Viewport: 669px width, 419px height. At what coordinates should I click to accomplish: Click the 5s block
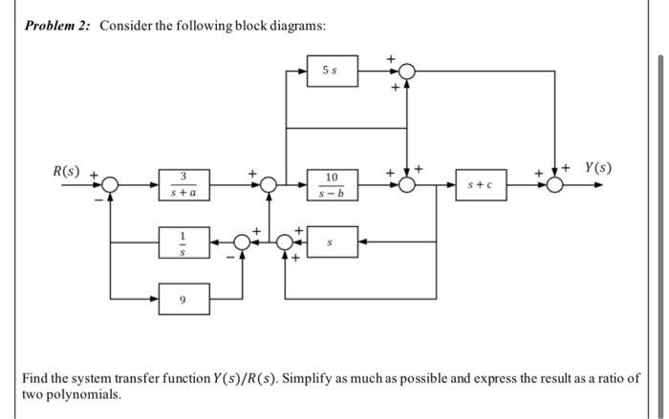tap(332, 72)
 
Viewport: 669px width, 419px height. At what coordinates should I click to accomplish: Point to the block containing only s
tap(332, 242)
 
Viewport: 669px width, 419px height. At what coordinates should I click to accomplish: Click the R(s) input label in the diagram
tap(67, 172)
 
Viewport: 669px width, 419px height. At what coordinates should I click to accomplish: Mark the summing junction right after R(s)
tap(111, 185)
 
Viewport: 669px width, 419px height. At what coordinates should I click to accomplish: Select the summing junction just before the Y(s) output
tap(555, 185)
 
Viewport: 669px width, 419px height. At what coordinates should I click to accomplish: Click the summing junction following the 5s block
tap(407, 72)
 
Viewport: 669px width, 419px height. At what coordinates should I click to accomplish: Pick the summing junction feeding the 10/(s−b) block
tap(270, 185)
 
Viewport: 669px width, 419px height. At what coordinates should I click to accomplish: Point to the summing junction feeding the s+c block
tap(407, 185)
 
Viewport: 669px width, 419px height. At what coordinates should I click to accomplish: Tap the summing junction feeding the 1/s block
tap(242, 242)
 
